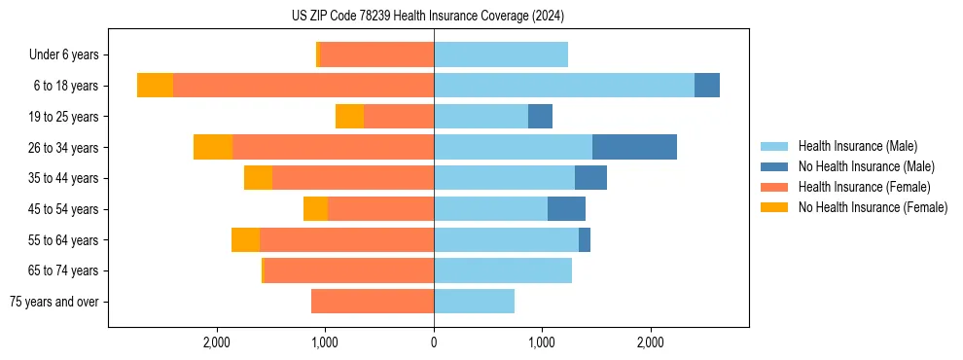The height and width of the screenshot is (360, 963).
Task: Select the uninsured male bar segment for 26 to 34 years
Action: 634,147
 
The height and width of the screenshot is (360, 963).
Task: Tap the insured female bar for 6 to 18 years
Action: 303,86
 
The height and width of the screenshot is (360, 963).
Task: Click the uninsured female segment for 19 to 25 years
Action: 349,117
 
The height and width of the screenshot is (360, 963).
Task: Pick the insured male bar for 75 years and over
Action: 474,302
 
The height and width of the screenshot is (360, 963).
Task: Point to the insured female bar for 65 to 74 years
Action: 348,270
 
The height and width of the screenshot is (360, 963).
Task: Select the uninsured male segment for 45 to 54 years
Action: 566,209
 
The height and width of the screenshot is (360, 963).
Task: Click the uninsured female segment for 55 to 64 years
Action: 245,240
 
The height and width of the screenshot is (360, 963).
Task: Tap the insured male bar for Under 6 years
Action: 501,54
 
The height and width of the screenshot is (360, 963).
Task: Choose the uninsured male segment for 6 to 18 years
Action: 707,86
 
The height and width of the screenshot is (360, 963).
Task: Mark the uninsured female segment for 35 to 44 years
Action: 258,178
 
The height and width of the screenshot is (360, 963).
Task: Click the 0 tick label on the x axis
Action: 434,342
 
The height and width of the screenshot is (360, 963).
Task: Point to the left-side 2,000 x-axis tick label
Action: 216,342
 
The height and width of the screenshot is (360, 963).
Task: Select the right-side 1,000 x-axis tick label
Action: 542,342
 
